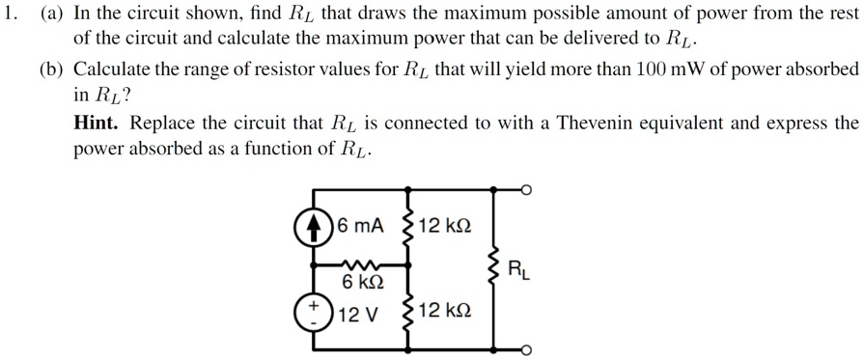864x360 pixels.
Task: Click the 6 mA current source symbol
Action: coord(312,227)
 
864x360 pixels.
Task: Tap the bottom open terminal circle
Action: coord(526,349)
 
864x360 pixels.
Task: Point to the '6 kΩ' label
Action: coord(364,284)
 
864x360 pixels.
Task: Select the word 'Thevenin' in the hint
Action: coord(644,125)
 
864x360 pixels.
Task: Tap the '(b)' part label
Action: coord(51,70)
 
